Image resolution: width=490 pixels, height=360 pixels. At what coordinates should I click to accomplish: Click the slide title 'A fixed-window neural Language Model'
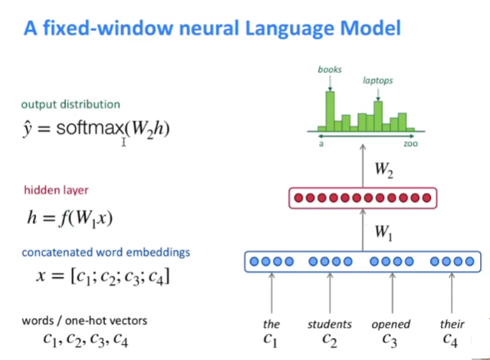coord(212,30)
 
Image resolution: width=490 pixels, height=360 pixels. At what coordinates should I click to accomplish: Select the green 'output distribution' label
coord(71,104)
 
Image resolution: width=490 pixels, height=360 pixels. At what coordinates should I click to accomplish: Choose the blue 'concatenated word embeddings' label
coord(106,252)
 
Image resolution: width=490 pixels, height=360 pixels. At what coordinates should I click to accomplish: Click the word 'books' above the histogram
coord(330,70)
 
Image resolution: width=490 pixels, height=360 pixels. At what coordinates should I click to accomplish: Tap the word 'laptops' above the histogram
coord(377,79)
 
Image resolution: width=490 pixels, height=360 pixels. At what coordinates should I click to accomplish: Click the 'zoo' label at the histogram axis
coord(410,144)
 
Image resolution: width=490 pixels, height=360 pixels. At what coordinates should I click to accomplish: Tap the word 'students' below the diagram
coord(330,324)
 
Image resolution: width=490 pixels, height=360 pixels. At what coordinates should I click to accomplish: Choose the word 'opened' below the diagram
coord(391,324)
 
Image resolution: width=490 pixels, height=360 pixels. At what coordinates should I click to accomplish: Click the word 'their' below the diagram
coord(452,324)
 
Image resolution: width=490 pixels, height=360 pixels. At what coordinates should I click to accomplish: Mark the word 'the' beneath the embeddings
coord(271,324)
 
